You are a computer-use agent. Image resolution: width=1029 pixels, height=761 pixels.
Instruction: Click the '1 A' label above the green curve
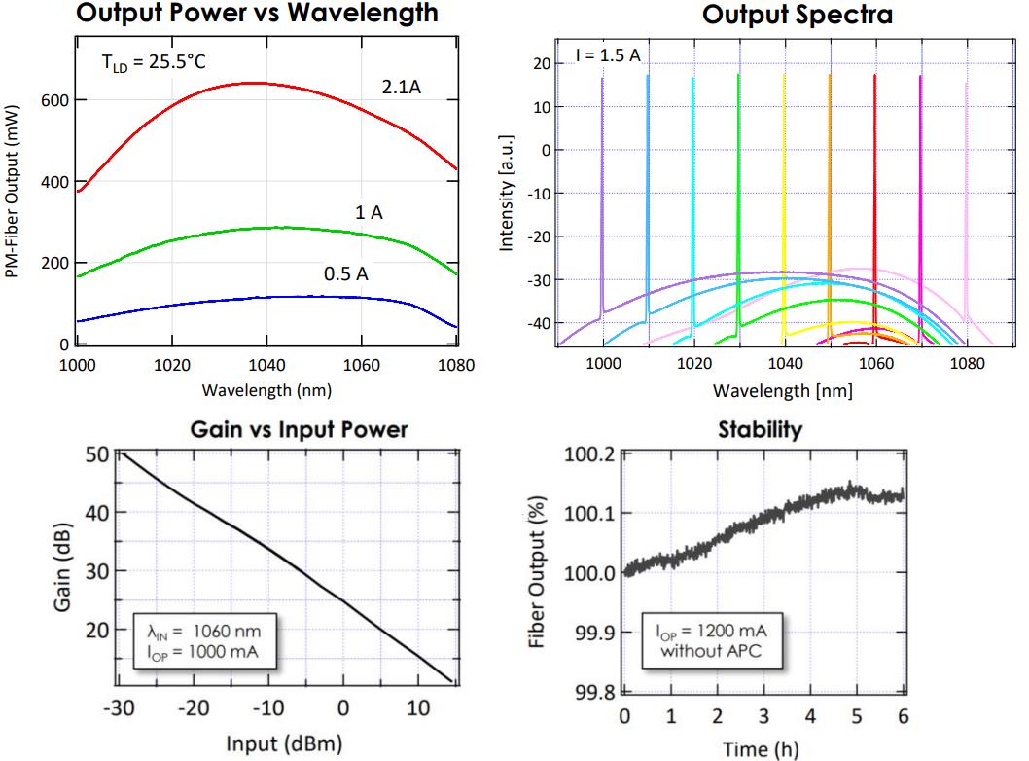click(369, 212)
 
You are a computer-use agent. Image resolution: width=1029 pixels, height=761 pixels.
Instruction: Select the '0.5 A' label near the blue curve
click(345, 274)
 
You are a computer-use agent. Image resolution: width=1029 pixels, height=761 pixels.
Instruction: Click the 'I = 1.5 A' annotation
click(608, 54)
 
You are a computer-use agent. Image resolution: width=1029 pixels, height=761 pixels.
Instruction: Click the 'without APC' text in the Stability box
click(714, 648)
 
